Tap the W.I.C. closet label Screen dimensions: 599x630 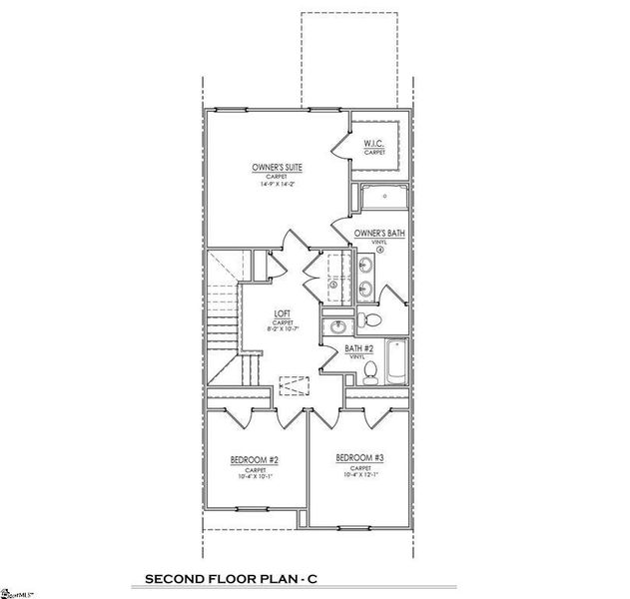pyautogui.click(x=374, y=144)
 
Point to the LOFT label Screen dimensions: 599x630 pyautogui.click(x=283, y=315)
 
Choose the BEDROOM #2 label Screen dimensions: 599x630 pyautogui.click(x=254, y=460)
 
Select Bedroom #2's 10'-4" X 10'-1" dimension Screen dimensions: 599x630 pyautogui.click(x=254, y=477)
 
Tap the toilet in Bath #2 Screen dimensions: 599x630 pyautogui.click(x=370, y=371)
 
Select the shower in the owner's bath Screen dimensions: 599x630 pyautogui.click(x=381, y=197)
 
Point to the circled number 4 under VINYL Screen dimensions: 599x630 pyautogui.click(x=380, y=250)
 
